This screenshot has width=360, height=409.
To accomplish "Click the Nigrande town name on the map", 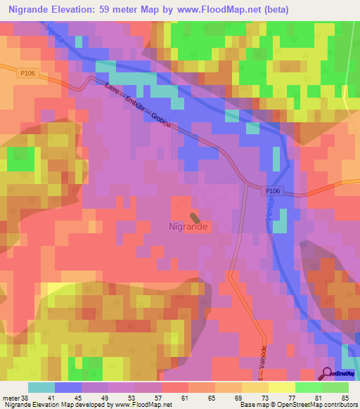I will pos(188,227).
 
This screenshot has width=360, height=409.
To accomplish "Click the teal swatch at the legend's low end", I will pos(41,387).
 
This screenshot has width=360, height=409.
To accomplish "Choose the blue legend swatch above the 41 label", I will pos(67,387).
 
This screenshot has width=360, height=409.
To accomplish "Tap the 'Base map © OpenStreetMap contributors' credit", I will pos(299,405).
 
